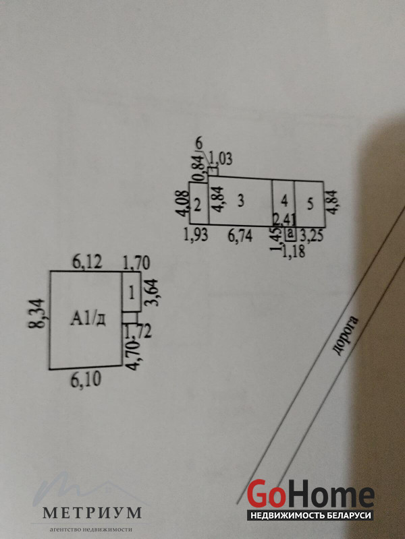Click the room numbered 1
(x=131, y=291)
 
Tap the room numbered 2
(x=196, y=205)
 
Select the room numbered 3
(x=240, y=200)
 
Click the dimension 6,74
(x=241, y=235)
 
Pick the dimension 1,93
(x=196, y=235)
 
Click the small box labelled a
(x=290, y=234)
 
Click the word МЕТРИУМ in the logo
(x=92, y=513)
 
